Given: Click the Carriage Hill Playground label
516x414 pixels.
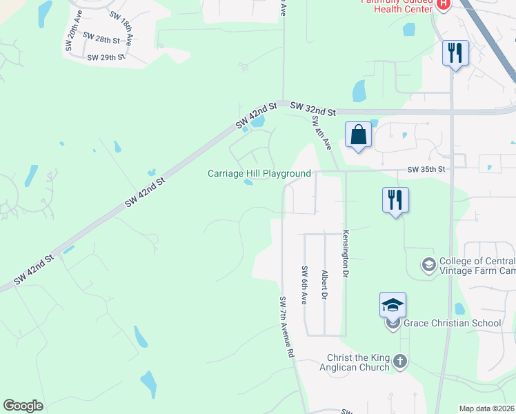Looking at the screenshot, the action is [259, 173].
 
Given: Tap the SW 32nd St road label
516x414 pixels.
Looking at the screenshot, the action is [312, 108].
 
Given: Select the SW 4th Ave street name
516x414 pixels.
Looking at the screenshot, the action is [321, 133].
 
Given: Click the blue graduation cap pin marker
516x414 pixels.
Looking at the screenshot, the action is [393, 305].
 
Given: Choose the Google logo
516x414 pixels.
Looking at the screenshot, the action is [23, 406].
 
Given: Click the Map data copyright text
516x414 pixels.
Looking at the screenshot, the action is [487, 408].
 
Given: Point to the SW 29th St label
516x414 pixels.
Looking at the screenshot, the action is [106, 58].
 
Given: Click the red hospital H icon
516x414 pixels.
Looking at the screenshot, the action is [444, 3].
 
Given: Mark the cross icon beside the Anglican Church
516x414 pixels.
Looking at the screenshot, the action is [399, 361].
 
